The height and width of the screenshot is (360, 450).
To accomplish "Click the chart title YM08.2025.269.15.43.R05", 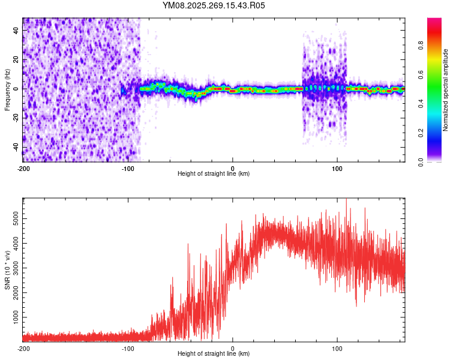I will tap(214, 5).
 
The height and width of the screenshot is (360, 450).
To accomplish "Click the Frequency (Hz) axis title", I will tap(7, 89).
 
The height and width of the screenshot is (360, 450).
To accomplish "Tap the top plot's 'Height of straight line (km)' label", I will tap(214, 173).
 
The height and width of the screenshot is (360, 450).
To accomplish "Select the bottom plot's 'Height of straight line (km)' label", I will tap(214, 353).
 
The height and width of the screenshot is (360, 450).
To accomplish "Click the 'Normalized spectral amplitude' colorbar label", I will tap(446, 89).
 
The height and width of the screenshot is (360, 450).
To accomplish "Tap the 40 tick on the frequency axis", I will tap(16, 31).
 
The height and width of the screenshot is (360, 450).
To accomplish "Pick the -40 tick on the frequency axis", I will tap(15, 147).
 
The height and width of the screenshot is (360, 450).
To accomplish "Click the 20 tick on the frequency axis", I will tap(16, 59).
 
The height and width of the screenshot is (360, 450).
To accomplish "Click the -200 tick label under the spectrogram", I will tap(23, 167).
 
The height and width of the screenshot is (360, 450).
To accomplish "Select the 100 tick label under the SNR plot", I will tap(337, 347).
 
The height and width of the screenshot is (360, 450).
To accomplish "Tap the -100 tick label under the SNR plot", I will tap(128, 347).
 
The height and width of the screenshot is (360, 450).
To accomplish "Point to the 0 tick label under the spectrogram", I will tap(233, 167).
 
